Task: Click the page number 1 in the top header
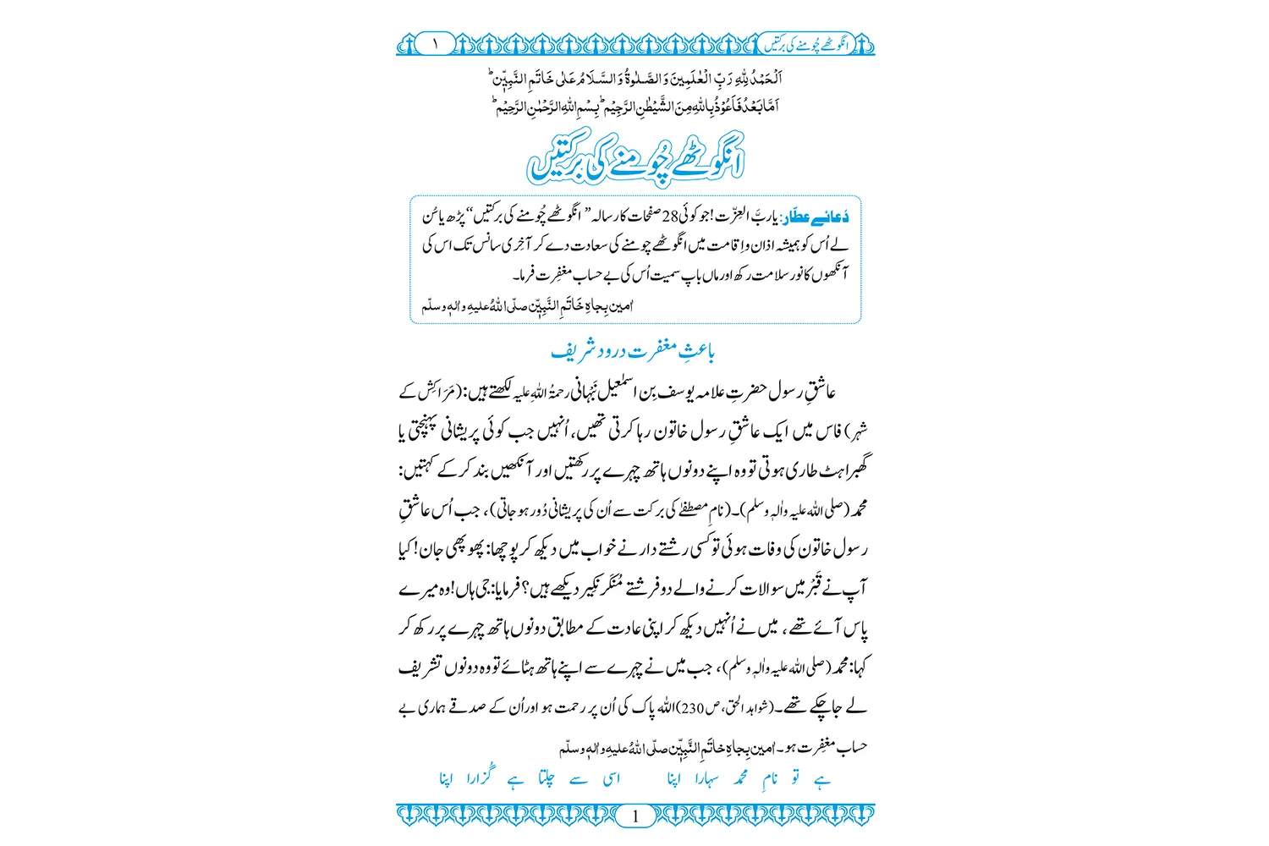436,43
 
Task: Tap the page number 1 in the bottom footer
635,816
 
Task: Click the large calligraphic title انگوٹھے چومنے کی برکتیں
635,157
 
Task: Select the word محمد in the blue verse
741,778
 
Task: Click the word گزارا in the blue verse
480,777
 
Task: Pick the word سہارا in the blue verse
708,778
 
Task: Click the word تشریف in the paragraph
420,667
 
